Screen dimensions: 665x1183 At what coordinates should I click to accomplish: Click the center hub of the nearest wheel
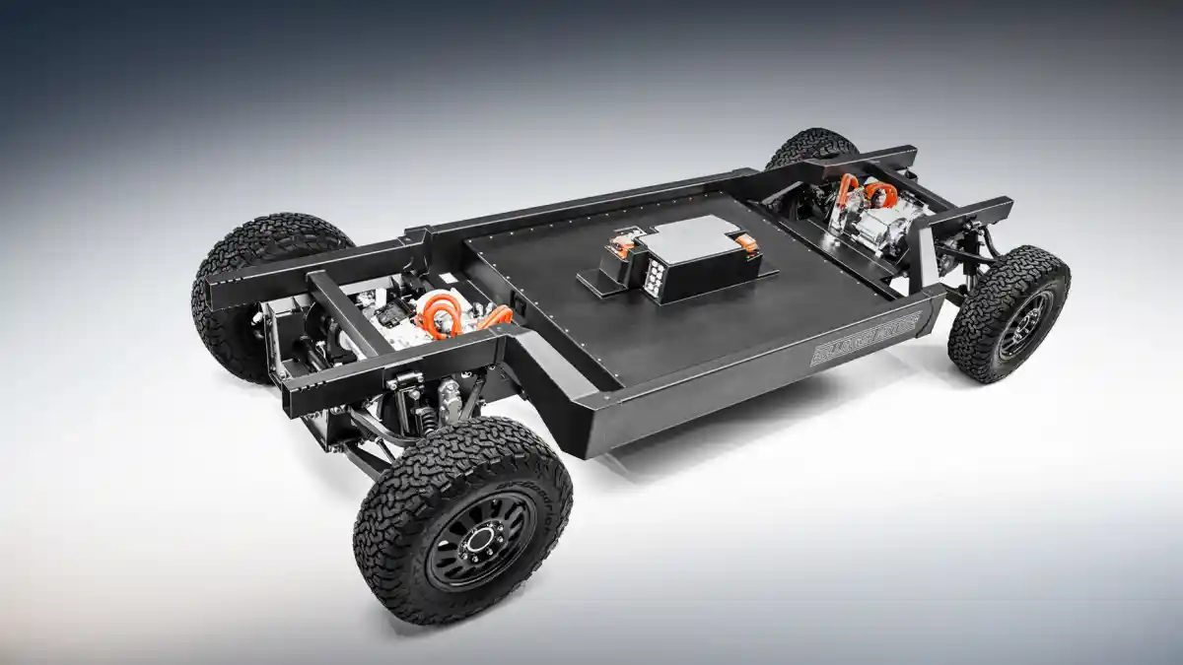click(481, 538)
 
